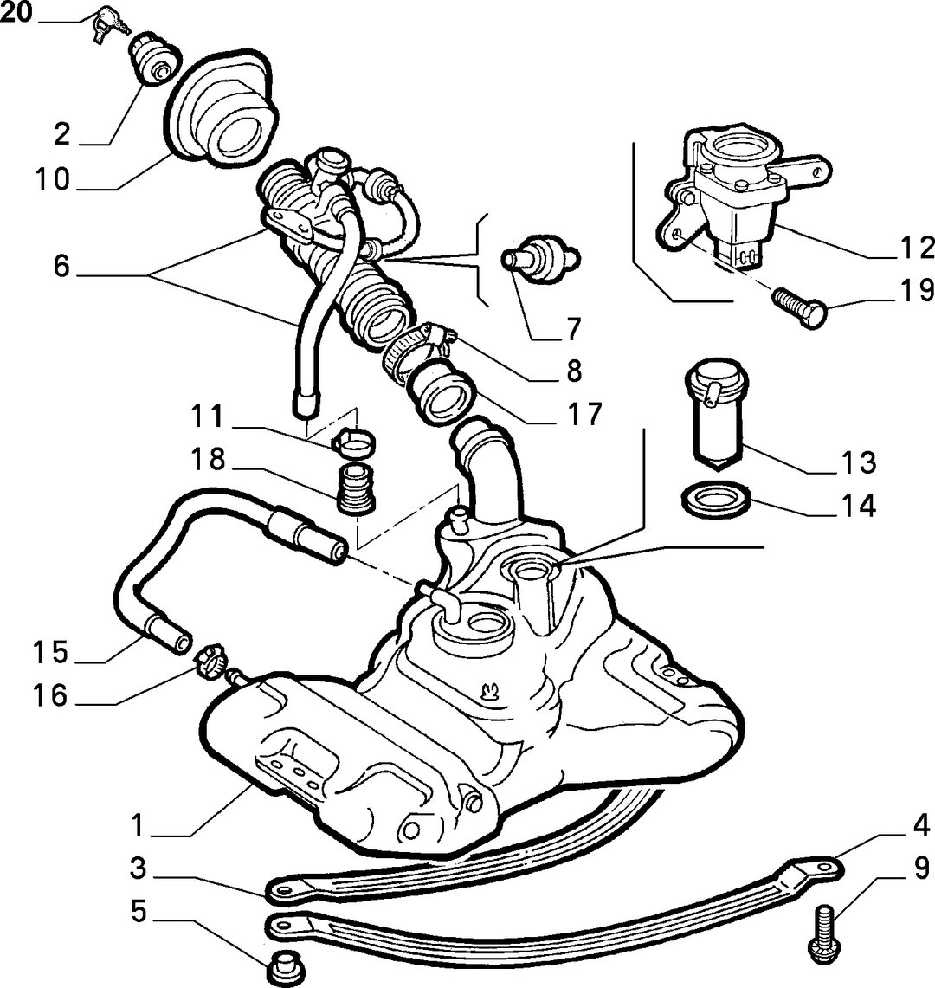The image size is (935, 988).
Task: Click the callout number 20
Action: point(16,12)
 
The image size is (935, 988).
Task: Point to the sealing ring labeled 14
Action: point(717,499)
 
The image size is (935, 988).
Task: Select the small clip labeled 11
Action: point(353,442)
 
